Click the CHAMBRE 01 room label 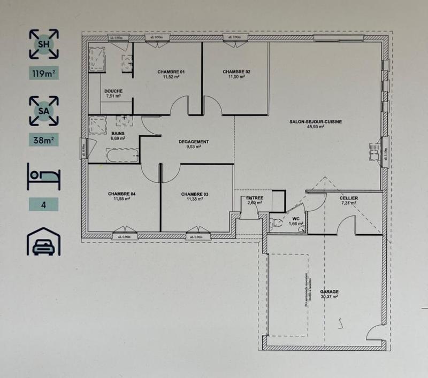171,72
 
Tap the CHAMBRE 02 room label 236,72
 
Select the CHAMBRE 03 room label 195,194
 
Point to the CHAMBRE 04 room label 121,194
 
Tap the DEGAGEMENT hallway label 194,142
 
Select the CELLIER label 349,198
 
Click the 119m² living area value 44,74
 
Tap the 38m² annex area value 44,141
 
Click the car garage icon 44,241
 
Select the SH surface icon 44,44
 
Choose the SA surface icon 44,110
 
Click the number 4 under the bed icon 44,204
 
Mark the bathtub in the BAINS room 123,156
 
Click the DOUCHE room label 113,91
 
